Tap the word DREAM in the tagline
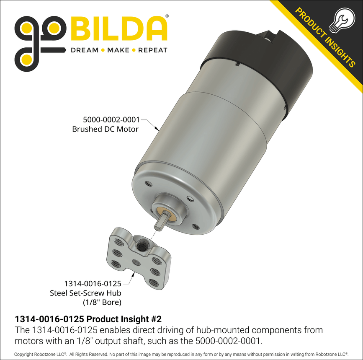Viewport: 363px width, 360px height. point(84,50)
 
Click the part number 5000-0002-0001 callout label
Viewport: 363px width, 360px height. point(111,120)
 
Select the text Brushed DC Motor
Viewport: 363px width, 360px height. point(105,129)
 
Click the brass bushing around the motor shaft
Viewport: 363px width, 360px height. point(171,211)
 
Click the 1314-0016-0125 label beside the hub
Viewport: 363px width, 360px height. point(92,284)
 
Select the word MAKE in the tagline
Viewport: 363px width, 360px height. point(118,50)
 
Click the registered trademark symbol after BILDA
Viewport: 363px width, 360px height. point(167,16)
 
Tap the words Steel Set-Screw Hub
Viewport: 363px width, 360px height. point(85,293)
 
